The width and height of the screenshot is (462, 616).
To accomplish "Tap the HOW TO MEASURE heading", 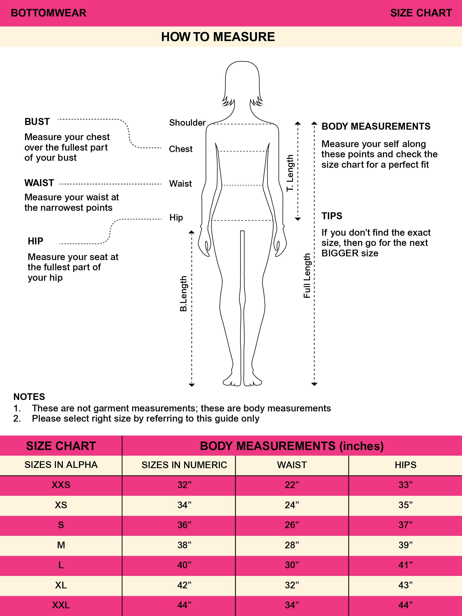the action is point(218,37).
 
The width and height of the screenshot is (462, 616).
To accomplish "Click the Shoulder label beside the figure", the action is point(187,122).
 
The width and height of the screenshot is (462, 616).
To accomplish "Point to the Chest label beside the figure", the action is point(181,149).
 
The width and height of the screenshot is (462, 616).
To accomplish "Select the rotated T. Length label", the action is point(290,173).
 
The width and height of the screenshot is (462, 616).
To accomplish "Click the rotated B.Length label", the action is point(183,293).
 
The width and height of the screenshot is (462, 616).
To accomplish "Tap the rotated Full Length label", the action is point(307,276).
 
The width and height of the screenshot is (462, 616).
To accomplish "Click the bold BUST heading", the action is point(37,122).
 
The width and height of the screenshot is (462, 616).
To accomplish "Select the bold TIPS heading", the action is point(332,216).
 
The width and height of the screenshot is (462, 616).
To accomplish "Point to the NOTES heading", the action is point(29,396).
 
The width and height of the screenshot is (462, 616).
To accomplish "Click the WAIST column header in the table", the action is point(292,465).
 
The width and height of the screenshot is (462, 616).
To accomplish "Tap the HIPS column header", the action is point(405,465).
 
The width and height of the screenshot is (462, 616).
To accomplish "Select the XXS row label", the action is point(61,485).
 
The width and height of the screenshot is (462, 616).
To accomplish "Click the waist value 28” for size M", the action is point(292,545).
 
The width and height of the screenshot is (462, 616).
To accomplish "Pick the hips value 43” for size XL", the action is point(405,585).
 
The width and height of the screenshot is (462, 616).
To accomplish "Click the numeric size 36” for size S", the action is point(184,525).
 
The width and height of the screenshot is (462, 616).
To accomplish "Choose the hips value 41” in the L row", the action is point(405,565).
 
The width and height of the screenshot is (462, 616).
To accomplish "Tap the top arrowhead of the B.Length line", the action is point(192,232).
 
